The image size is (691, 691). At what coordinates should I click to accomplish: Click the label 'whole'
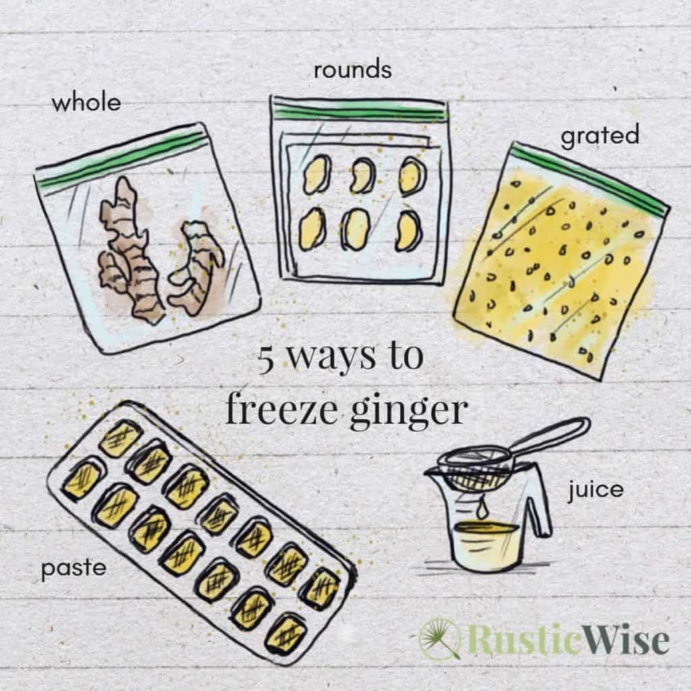(x=86, y=103)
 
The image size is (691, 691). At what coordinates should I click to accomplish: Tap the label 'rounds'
(x=352, y=70)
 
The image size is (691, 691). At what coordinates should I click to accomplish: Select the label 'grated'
(x=599, y=135)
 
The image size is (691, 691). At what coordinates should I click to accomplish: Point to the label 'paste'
(x=74, y=568)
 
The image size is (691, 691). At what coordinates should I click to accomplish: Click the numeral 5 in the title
(x=266, y=360)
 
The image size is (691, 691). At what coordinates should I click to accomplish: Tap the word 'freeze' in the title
(x=283, y=409)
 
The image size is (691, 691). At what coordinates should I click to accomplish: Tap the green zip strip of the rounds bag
(x=359, y=112)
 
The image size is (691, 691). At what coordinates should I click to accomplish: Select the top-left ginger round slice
(x=315, y=175)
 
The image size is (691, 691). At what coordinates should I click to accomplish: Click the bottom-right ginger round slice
(x=408, y=230)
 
